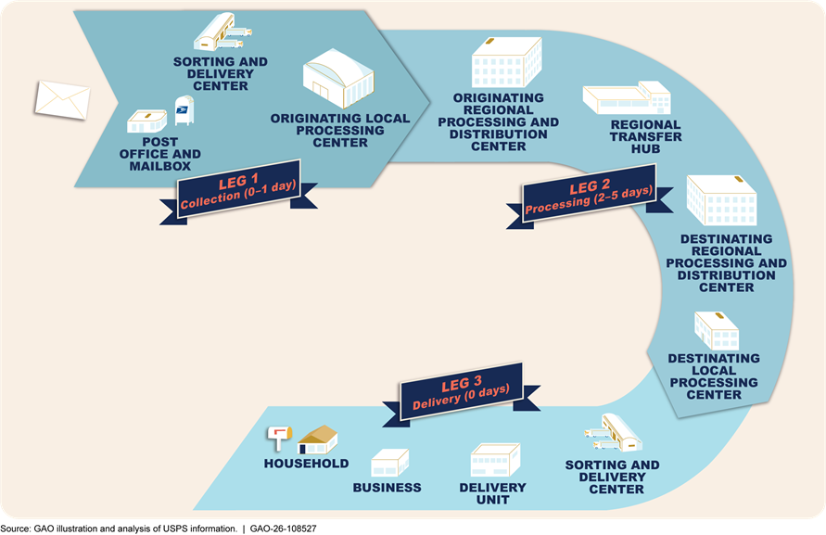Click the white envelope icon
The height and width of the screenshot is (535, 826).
click(62, 99)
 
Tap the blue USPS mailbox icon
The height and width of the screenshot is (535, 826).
click(184, 110)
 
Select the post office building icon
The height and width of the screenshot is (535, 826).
click(147, 121)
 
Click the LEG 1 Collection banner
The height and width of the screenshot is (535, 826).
click(238, 192)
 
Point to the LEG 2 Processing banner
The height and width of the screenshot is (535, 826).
click(590, 197)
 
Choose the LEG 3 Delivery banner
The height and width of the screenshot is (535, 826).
click(461, 393)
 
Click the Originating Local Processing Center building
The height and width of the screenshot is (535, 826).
click(338, 78)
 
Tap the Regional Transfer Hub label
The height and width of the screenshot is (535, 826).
click(646, 137)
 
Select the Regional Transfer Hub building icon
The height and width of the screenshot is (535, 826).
click(627, 98)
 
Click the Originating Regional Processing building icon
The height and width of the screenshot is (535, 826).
click(506, 62)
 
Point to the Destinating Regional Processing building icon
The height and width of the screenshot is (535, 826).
click(721, 200)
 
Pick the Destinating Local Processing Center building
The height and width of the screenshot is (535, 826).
click(717, 330)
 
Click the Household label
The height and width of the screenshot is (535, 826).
click(306, 464)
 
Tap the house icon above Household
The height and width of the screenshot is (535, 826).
click(318, 439)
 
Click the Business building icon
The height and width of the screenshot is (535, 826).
click(389, 463)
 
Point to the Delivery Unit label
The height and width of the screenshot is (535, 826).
click(492, 494)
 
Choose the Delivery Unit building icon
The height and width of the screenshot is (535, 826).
click(495, 460)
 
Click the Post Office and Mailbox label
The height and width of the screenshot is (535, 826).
click(160, 154)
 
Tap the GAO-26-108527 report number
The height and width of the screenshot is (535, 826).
click(284, 529)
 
